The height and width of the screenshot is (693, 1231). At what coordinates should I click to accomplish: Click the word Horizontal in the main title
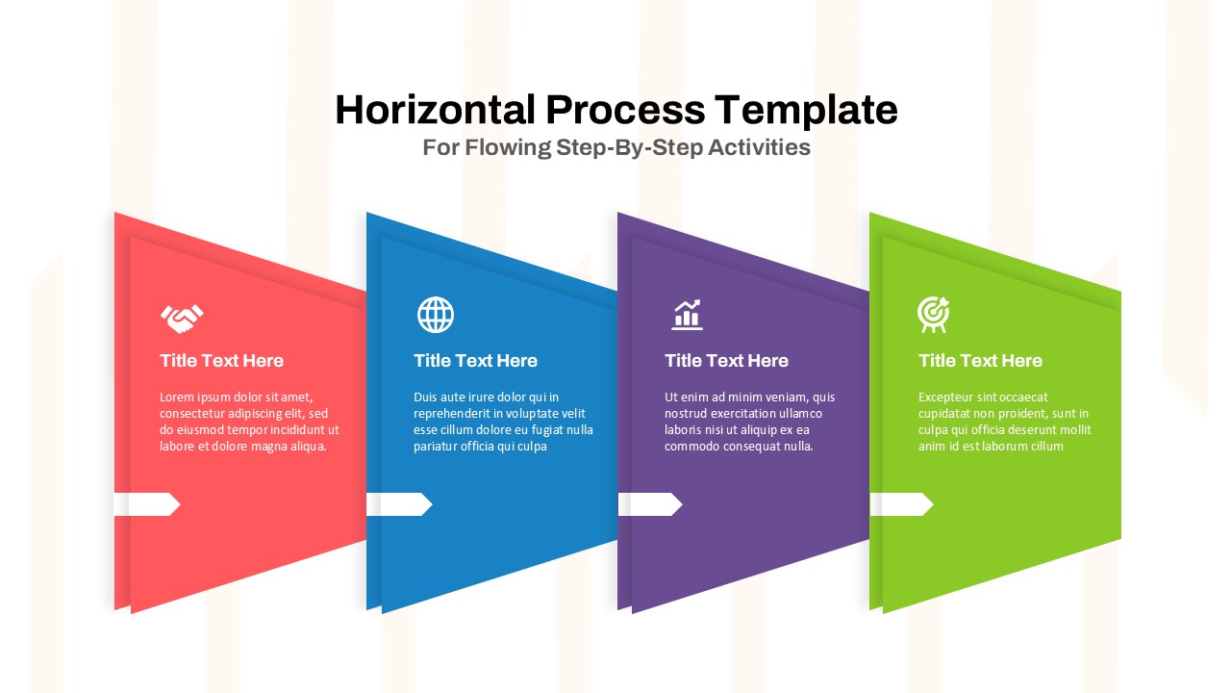435,110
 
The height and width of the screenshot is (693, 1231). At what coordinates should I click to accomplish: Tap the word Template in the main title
806,110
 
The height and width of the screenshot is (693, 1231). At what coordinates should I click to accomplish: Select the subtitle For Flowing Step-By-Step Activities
616,147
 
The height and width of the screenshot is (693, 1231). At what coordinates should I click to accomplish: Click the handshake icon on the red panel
182,317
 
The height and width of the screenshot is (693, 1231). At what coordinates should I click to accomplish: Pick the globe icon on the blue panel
436,315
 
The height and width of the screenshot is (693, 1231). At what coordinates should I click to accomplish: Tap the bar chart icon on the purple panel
687,314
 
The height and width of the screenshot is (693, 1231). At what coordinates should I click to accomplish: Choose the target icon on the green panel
933,314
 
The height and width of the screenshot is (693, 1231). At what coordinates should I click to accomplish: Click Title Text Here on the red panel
222,361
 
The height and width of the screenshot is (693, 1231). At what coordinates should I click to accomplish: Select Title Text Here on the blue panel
476,361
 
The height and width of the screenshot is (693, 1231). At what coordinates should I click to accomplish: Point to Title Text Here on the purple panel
726,361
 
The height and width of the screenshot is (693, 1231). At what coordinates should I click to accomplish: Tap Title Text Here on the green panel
980,361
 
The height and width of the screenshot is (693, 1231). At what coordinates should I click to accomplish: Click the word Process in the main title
625,110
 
